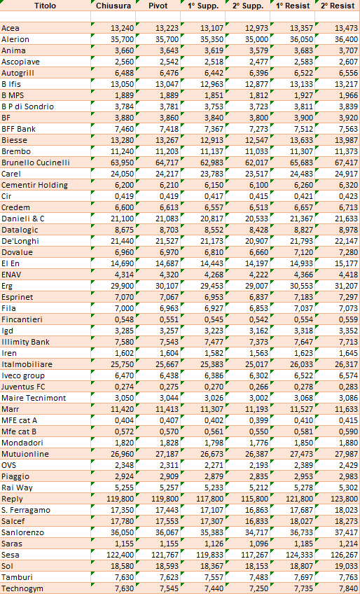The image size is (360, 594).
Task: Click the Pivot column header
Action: click(158, 6)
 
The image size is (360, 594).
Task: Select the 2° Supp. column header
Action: click(247, 6)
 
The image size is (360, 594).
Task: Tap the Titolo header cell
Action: click(45, 6)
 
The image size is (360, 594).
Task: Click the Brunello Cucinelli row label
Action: click(36, 163)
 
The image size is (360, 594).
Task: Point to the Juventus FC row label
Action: click(23, 387)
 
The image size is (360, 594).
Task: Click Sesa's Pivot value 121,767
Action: click(162, 555)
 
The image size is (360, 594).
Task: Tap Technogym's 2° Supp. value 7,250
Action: click(259, 588)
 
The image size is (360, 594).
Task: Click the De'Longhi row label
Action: click(20, 241)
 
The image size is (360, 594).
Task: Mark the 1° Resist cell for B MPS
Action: click(303, 95)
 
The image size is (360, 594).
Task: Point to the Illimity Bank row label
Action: click(25, 342)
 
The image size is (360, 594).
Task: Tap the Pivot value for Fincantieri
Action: click(169, 319)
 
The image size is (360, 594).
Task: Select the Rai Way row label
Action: click(17, 488)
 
